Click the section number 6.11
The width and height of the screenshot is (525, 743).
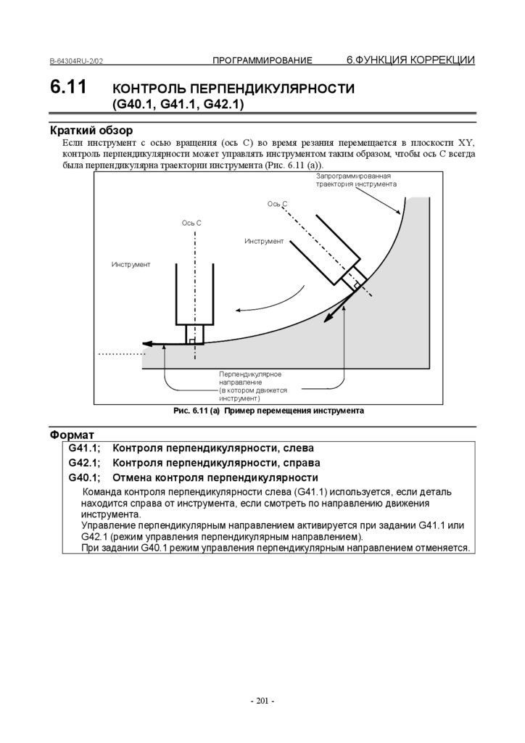68,88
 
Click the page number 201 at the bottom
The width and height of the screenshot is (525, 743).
262,701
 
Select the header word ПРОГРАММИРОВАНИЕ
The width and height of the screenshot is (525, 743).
262,60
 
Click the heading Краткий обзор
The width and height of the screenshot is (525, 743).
91,131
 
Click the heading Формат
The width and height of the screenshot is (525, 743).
73,434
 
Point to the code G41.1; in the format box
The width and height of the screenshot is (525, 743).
84,448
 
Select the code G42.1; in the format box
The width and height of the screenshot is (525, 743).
84,462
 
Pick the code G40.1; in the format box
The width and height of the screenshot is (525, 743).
84,477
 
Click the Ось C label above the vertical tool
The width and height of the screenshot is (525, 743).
191,222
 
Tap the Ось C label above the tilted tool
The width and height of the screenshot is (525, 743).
278,204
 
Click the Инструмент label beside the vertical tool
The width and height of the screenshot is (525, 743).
131,264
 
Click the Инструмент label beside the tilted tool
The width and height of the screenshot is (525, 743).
264,241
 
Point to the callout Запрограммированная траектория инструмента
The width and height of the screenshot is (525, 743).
355,181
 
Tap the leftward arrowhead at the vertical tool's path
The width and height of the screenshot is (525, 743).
146,344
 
